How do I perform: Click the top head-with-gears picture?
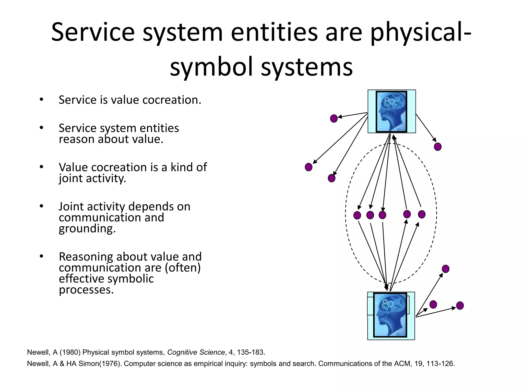pos(391,112)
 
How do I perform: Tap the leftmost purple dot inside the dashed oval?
pos(357,215)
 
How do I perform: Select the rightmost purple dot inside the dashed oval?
pos(422,214)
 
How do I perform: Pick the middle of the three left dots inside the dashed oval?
pos(370,215)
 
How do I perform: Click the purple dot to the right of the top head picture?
pos(438,147)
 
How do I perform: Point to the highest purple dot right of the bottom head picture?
pos(446,269)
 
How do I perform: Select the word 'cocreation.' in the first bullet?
pos(172,100)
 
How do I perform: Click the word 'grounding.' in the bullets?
pos(87,228)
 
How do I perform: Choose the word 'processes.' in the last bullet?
pos(86,290)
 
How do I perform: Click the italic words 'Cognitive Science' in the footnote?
pos(196,352)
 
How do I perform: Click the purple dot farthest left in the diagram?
pos(308,167)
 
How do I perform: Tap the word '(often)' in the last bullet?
pos(183,268)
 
